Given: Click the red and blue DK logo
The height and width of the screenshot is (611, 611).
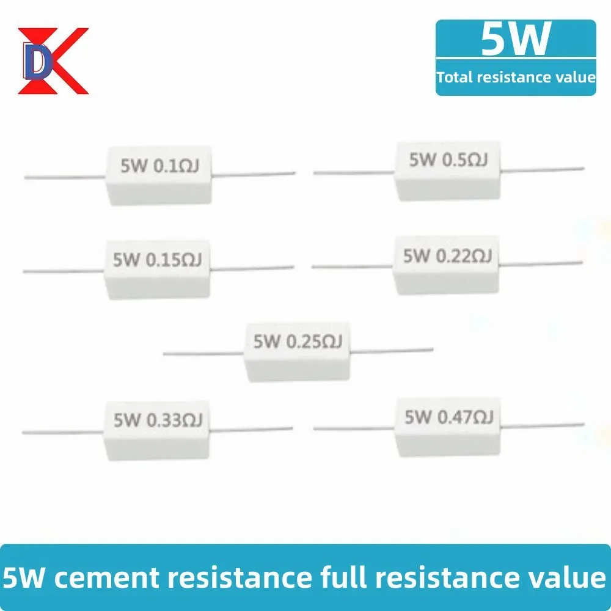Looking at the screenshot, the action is point(52,60).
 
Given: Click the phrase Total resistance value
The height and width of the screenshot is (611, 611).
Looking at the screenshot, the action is point(516,77).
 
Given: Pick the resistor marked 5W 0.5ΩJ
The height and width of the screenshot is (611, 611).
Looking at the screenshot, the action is point(448,169).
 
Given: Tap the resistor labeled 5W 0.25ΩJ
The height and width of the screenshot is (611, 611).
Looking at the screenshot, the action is point(297,350).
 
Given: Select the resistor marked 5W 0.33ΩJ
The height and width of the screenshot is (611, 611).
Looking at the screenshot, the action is point(157,428).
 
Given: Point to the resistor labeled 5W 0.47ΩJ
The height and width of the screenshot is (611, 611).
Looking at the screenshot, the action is point(448,426).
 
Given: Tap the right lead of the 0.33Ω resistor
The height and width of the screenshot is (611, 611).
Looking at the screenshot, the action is point(251,428).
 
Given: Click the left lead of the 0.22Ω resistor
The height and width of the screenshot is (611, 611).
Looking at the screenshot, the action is point(352,266).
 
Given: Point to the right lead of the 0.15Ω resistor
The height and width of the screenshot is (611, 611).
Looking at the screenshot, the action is point(254,267).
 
